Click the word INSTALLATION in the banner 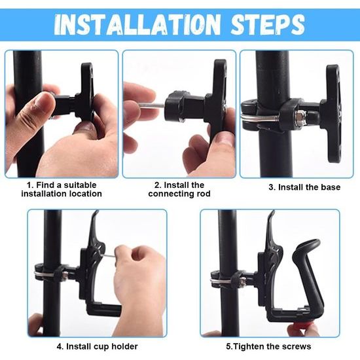coord(137,24)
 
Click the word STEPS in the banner coord(268,24)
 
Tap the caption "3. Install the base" coord(304,187)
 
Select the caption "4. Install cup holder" coord(97,346)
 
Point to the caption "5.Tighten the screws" coord(268,346)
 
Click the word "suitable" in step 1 coord(80,185)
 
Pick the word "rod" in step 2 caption coord(204,194)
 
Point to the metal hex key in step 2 coord(151,105)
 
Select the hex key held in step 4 coord(110,255)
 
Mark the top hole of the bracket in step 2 coord(223,65)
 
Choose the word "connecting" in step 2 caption coord(171,194)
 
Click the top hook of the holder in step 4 coord(96,216)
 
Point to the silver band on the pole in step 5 coord(221,281)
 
